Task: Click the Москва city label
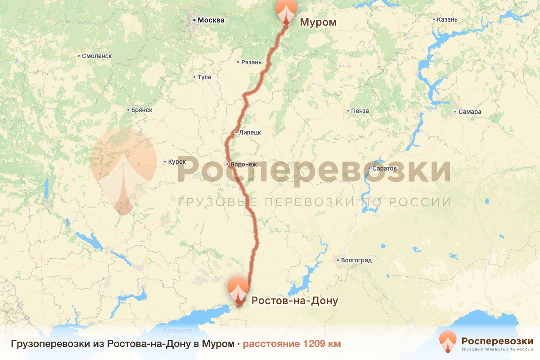click(211, 20)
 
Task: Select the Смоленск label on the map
click(97, 56)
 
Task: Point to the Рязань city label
click(251, 62)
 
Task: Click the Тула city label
click(204, 77)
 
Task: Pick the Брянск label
click(142, 110)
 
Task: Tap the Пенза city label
click(360, 111)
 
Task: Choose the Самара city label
click(470, 112)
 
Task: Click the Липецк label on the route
click(250, 132)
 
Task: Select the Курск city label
click(177, 162)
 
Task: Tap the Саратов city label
click(385, 169)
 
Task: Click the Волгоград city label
click(356, 260)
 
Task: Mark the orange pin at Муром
click(286, 10)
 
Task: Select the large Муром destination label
click(318, 22)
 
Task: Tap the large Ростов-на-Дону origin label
click(295, 301)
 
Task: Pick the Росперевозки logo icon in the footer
click(448, 342)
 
